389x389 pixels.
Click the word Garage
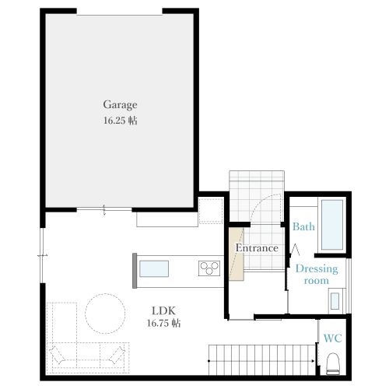click(x=120, y=105)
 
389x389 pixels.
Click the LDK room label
click(x=163, y=310)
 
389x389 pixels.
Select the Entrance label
click(x=257, y=248)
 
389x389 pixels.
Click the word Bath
click(x=303, y=226)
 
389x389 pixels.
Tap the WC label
click(x=333, y=338)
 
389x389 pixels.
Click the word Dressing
click(x=317, y=269)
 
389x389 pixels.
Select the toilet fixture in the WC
click(x=333, y=363)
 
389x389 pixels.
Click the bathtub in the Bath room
click(x=332, y=225)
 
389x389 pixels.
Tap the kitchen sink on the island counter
click(x=154, y=268)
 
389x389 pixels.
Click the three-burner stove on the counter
click(x=209, y=268)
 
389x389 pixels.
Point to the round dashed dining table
click(x=105, y=314)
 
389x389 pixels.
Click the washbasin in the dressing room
click(x=335, y=301)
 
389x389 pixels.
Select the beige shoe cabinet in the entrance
click(x=237, y=254)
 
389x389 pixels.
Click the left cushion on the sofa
click(x=57, y=355)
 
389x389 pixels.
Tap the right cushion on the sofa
click(x=117, y=355)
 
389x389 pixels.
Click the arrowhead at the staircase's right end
click(x=314, y=361)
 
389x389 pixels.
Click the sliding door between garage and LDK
click(x=104, y=209)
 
